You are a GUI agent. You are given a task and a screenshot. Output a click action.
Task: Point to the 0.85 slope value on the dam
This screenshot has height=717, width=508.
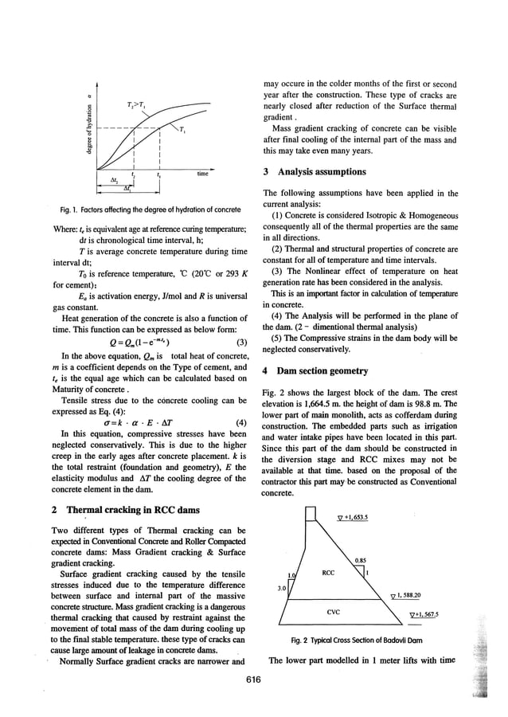[361, 561]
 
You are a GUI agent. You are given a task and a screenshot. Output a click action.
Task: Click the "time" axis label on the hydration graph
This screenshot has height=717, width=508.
[202, 172]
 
